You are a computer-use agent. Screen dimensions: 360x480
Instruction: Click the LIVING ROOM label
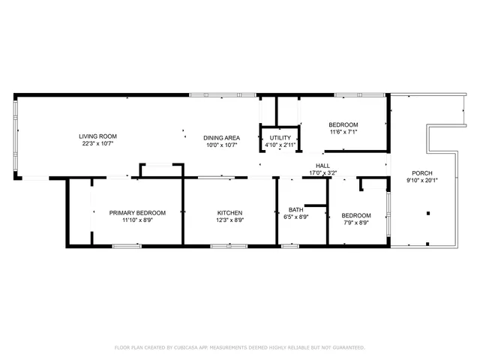tap(98, 136)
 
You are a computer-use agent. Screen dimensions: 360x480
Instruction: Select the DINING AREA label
tap(221, 137)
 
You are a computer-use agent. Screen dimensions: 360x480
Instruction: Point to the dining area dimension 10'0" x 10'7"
tap(221, 145)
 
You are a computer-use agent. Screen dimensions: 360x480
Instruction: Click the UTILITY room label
tap(280, 138)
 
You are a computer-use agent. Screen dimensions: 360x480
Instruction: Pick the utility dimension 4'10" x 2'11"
tap(280, 145)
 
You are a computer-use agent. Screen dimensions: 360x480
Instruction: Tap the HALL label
tap(323, 166)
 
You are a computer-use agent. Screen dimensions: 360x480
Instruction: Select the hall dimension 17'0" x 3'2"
tap(323, 173)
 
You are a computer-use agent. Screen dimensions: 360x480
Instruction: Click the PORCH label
tap(422, 172)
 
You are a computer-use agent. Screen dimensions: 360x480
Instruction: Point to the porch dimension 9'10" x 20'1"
tap(422, 180)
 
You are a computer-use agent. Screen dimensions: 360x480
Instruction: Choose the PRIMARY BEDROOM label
tap(137, 213)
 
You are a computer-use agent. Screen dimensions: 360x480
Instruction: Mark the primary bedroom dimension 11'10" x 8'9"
tap(137, 220)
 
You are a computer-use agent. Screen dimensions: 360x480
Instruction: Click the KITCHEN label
tap(229, 213)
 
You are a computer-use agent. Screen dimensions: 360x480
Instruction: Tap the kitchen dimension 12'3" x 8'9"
tap(229, 220)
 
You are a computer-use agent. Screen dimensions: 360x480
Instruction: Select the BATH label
tap(296, 209)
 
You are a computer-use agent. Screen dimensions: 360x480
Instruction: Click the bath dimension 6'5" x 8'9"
tap(296, 217)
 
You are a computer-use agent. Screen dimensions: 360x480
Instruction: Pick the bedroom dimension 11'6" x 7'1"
tap(343, 132)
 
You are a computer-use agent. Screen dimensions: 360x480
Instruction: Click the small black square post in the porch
tap(428, 213)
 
